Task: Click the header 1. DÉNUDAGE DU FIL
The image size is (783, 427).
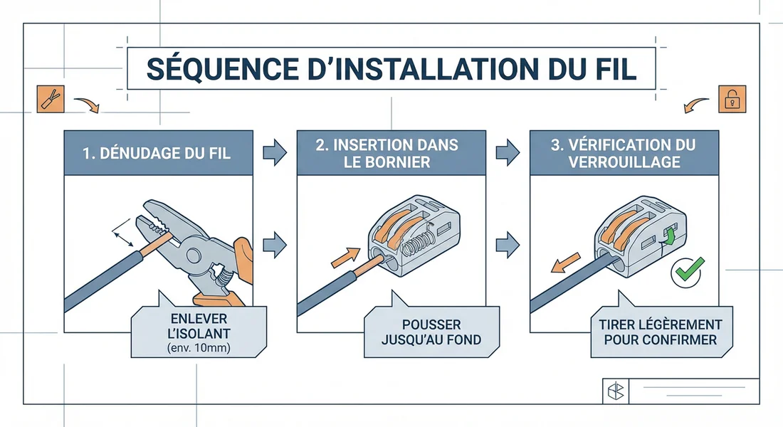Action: (x=157, y=153)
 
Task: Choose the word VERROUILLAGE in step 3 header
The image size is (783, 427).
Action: (x=624, y=162)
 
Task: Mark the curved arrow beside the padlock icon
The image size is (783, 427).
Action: (x=696, y=105)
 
